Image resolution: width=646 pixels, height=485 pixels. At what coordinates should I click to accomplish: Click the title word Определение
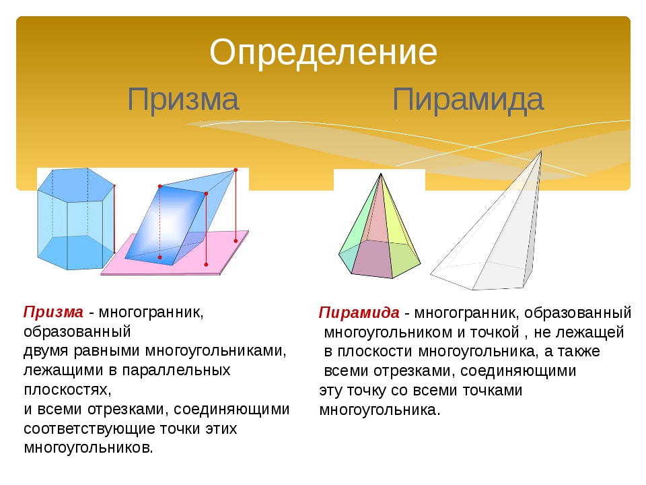click(x=323, y=53)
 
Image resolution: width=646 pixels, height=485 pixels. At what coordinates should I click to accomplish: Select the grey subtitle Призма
click(x=183, y=100)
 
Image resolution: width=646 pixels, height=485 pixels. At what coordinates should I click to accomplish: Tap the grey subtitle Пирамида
click(x=468, y=100)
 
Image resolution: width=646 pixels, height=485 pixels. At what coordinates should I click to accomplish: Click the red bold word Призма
click(x=53, y=312)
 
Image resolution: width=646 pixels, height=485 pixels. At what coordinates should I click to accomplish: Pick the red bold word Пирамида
click(x=359, y=313)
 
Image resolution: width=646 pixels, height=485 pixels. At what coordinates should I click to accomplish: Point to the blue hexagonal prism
click(x=76, y=218)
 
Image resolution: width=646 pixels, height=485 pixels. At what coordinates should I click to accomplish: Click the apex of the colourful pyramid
click(x=381, y=174)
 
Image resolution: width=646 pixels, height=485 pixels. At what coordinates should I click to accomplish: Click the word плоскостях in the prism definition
click(x=67, y=389)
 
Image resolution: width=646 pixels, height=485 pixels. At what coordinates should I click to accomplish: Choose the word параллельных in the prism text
click(x=176, y=370)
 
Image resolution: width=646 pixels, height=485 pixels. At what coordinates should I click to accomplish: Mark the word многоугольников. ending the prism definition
click(x=89, y=447)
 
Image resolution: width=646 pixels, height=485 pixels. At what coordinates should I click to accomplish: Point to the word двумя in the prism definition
click(x=46, y=351)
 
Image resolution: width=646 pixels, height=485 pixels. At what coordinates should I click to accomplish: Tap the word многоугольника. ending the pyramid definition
click(x=380, y=410)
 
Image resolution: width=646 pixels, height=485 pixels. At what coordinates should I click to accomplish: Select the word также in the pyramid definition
click(x=579, y=352)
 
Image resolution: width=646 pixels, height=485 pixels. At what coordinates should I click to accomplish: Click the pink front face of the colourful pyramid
click(x=373, y=259)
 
